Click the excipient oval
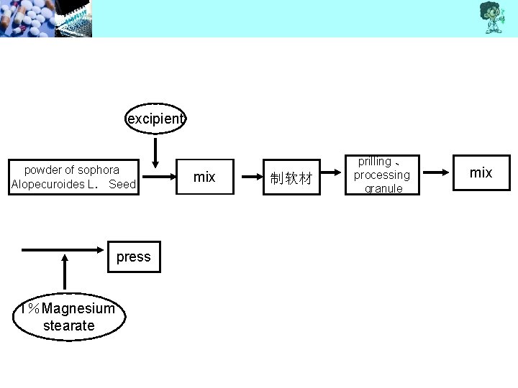(155, 119)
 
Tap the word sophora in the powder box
(98, 170)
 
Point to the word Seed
(122, 185)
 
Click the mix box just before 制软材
(205, 177)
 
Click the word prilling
(374, 162)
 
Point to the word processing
(381, 175)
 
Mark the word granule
(383, 188)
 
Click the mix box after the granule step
(481, 172)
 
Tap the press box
(134, 257)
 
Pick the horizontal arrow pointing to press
(65, 250)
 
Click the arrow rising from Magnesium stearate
(65, 273)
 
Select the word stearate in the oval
(68, 325)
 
